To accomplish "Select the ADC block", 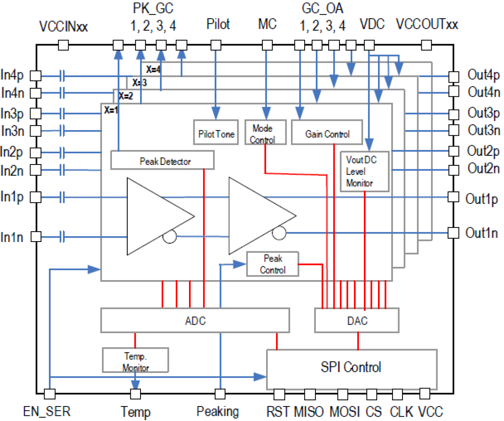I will coord(195,321).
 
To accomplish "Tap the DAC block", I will coord(357,321).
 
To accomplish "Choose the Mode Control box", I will coord(265,132).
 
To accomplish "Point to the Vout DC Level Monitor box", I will coord(364,171).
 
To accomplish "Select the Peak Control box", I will coord(272,264).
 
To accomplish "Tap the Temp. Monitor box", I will coord(135,360).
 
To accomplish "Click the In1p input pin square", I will coord(36,197).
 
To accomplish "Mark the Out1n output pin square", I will coord(453,233).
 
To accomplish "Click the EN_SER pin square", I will coord(50,394).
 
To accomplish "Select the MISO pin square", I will coord(310,394).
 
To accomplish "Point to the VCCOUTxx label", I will coord(427,24).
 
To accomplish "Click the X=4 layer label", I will coord(153,69).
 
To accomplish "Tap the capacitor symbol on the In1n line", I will coord(62,237).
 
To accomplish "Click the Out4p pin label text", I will coord(483,75).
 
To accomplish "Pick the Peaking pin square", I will coord(220,394).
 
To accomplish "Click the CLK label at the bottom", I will coord(401,412).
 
